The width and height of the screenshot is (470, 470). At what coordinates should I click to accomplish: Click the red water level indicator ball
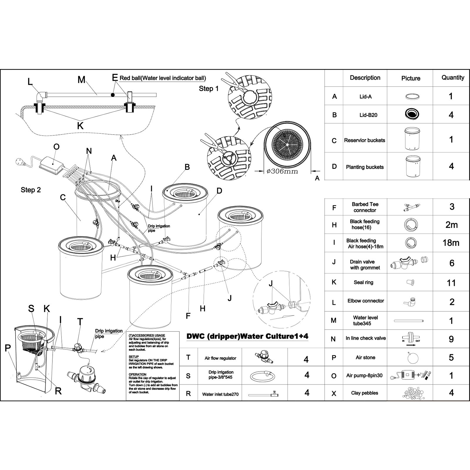113,95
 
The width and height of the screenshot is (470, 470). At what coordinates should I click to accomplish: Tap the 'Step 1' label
209,88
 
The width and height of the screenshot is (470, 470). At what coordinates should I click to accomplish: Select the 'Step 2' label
31,190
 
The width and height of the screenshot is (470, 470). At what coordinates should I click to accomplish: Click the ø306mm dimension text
282,171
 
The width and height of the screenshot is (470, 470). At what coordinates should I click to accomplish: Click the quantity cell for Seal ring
451,283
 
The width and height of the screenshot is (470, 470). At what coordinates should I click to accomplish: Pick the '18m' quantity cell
451,243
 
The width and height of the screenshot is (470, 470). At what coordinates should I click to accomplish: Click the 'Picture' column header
411,78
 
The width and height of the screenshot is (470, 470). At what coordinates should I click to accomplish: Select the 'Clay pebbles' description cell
365,393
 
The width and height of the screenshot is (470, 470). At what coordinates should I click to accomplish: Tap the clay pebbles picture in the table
411,393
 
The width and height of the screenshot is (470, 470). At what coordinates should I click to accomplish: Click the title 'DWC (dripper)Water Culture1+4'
247,336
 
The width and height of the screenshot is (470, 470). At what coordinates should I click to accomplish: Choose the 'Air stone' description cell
365,357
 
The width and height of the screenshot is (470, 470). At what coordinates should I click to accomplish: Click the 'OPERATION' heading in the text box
137,374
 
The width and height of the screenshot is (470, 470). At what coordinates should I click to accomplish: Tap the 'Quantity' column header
453,78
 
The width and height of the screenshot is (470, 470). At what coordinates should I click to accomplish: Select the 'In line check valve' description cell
366,338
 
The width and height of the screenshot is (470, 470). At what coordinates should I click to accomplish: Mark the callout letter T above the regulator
80,322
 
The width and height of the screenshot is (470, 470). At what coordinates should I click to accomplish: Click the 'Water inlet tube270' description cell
220,395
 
